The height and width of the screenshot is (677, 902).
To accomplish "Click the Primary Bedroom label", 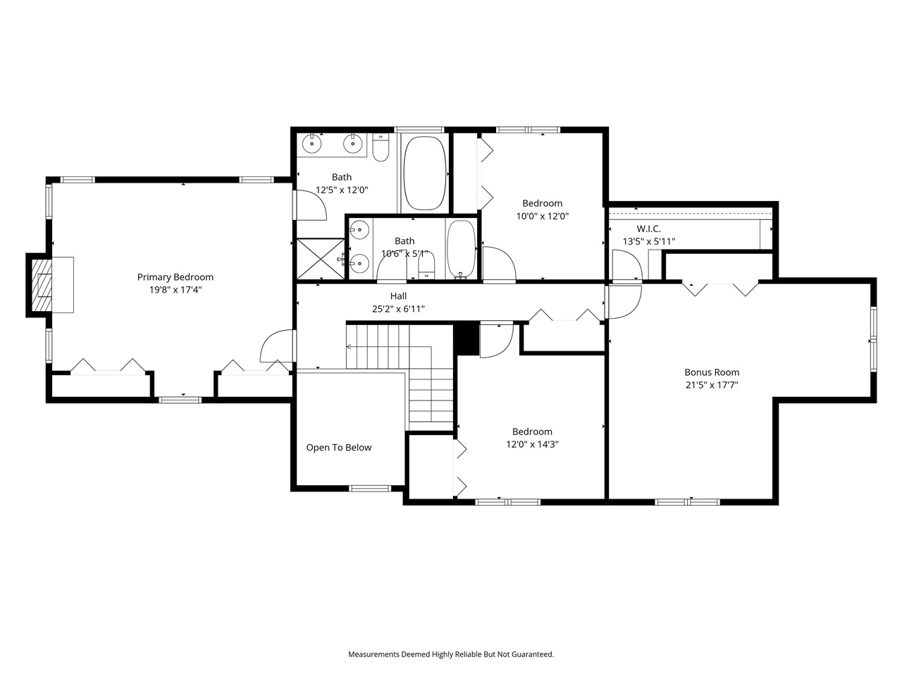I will pos(175,277).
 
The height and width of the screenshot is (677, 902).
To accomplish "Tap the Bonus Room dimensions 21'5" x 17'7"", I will pos(712,385).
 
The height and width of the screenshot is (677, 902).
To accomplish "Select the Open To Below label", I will pos(338,448).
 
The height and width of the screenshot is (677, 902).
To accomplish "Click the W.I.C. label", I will pos(648,229).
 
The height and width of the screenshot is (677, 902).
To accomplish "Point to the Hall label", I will pos(398,296).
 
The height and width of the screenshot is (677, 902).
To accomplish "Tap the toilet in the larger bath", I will pos(381,150).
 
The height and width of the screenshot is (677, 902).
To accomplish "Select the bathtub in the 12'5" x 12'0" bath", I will pos(425,173).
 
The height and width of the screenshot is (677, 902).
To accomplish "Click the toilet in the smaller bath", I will pos(427,266).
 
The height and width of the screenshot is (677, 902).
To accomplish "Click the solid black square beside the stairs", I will pos(466,338).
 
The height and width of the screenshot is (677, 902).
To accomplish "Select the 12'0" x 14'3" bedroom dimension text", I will pos(532,444).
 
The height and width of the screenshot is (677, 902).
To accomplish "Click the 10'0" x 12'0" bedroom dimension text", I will pos(542,216).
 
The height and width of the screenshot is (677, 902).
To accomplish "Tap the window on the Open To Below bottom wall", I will pos(370,488).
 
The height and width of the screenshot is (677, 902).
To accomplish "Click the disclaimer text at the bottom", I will pos(451,654).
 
